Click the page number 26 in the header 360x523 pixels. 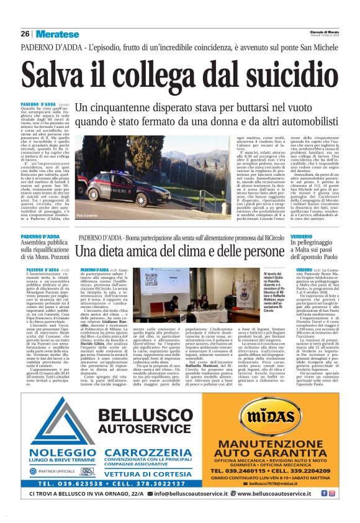pos(25,34)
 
